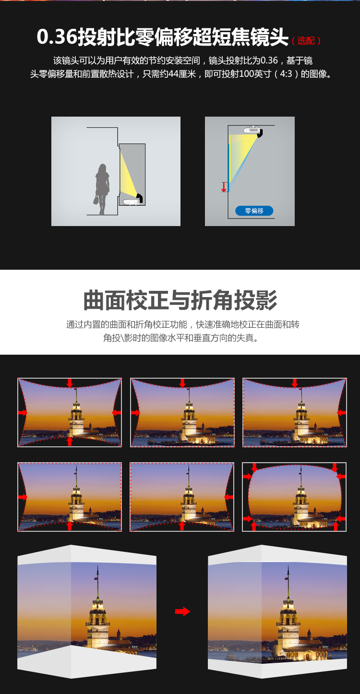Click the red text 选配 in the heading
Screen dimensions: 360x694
tap(306, 41)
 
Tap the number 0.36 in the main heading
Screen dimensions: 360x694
tap(57, 37)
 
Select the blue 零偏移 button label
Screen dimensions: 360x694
tap(254, 211)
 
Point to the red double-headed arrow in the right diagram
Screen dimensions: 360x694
tap(224, 187)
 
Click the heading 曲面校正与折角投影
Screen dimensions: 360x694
tap(180, 300)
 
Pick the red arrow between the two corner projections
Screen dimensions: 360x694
tap(182, 611)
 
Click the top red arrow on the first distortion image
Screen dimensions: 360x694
tap(70, 383)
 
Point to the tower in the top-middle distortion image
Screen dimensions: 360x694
tap(189, 415)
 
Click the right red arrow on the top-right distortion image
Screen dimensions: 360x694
tap(341, 412)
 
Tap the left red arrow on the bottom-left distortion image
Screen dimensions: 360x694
tap(23, 497)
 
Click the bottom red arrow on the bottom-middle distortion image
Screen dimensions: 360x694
tap(182, 526)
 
